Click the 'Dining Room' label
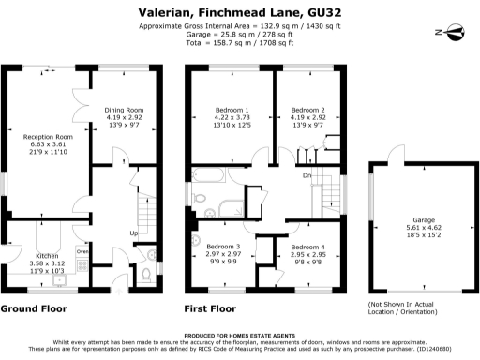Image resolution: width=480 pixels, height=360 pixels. (x=124, y=108)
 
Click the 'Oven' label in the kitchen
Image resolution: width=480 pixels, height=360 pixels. (x=82, y=251)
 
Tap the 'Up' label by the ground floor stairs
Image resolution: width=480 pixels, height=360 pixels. (x=134, y=233)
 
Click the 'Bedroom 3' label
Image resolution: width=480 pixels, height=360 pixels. (x=224, y=243)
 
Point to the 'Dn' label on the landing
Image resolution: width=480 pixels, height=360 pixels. (x=307, y=176)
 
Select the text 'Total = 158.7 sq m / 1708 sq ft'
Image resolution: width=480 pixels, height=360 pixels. (x=240, y=44)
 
